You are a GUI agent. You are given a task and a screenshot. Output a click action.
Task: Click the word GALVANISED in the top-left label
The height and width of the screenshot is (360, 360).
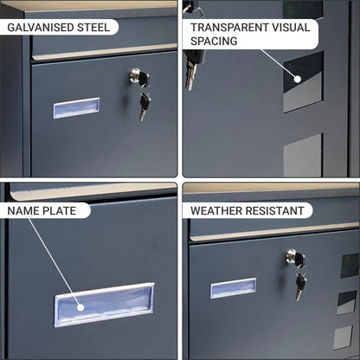coord(40,28)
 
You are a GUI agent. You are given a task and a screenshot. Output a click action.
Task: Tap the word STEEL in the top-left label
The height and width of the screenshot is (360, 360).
coord(93,28)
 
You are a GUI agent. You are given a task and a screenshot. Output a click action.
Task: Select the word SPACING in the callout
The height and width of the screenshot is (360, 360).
coord(214,41)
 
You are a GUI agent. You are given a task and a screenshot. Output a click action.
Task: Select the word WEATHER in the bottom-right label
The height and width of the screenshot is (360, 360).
coord(216,211)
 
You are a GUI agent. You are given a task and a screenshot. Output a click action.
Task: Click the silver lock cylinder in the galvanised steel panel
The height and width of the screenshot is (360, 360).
coord(135,74)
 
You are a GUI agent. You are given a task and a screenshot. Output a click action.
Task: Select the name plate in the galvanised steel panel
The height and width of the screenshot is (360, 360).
coord(76,108)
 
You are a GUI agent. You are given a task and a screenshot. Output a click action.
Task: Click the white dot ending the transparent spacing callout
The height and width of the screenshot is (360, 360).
coord(298,79)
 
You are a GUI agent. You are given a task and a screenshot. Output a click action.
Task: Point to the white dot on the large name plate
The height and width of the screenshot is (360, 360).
coord(80,307)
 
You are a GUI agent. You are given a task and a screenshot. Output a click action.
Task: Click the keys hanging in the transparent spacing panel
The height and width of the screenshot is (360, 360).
coord(193,69)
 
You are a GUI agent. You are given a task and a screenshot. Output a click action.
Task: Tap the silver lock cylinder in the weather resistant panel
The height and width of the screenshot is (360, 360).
coord(292,256)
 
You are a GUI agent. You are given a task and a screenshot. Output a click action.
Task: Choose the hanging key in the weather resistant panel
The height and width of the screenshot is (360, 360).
coord(300,286)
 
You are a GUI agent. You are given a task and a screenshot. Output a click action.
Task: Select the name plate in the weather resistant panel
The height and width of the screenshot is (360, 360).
coord(234,288)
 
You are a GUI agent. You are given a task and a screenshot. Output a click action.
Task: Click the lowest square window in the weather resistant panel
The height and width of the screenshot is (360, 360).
coord(343,337)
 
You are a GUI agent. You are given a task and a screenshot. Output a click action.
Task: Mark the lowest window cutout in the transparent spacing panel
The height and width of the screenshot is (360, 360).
coord(303,155)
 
